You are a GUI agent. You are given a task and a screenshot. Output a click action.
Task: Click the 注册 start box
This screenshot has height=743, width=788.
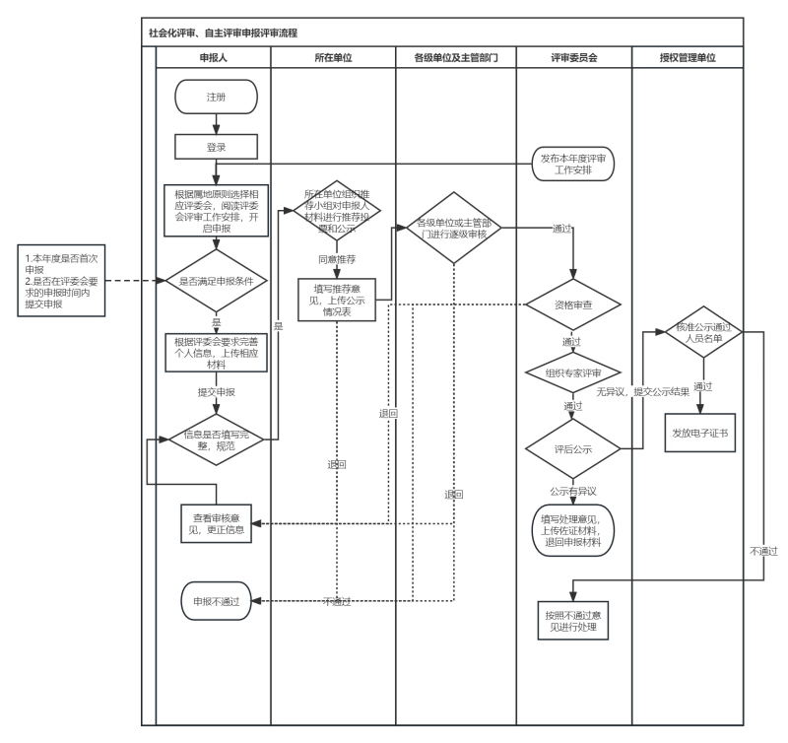point(216,98)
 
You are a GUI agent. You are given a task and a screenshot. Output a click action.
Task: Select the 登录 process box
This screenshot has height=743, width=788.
point(216,146)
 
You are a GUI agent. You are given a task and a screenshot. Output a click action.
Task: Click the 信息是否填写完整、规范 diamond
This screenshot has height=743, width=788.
point(216,440)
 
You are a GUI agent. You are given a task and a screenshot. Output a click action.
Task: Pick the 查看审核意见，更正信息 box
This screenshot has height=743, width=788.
point(216,523)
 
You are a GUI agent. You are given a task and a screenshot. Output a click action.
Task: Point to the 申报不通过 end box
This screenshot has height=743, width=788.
point(216,600)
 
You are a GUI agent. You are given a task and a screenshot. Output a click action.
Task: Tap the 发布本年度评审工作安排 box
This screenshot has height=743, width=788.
point(573,164)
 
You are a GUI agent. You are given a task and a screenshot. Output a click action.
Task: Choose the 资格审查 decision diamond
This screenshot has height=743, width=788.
point(573,305)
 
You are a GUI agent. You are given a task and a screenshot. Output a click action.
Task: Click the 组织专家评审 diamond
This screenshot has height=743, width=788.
point(573,373)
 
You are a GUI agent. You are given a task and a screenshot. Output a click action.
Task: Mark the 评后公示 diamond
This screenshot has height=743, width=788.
point(573,449)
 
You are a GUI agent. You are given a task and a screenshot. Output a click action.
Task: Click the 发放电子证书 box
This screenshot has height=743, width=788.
point(701,432)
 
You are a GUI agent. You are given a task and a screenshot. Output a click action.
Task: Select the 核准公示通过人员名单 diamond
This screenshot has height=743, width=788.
point(701,332)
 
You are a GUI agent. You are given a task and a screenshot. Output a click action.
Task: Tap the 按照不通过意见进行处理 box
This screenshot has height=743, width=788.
point(573,620)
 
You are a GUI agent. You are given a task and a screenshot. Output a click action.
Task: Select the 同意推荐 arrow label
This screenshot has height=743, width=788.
point(337,258)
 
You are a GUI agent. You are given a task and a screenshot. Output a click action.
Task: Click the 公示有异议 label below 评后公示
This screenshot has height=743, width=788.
point(573,490)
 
